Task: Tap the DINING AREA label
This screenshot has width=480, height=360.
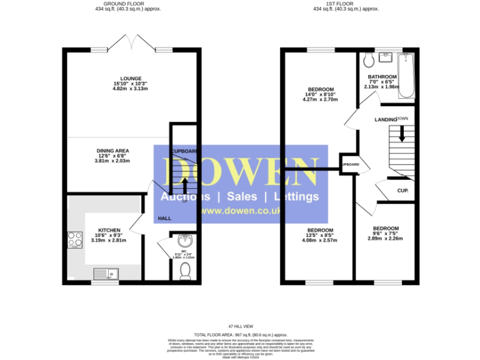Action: (112, 151)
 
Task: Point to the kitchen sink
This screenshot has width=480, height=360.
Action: (105, 273)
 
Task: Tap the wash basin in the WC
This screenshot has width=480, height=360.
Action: (184, 241)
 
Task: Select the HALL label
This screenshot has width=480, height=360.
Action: (164, 218)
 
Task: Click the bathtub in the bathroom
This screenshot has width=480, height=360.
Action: (407, 76)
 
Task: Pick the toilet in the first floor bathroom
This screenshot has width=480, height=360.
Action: (368, 60)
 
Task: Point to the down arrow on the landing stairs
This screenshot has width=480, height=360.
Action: (402, 132)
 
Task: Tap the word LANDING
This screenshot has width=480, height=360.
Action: (385, 119)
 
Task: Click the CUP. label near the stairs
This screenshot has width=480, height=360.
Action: (402, 191)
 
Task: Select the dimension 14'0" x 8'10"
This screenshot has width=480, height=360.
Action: (320, 94)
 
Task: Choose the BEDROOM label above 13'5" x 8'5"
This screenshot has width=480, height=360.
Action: (320, 230)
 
